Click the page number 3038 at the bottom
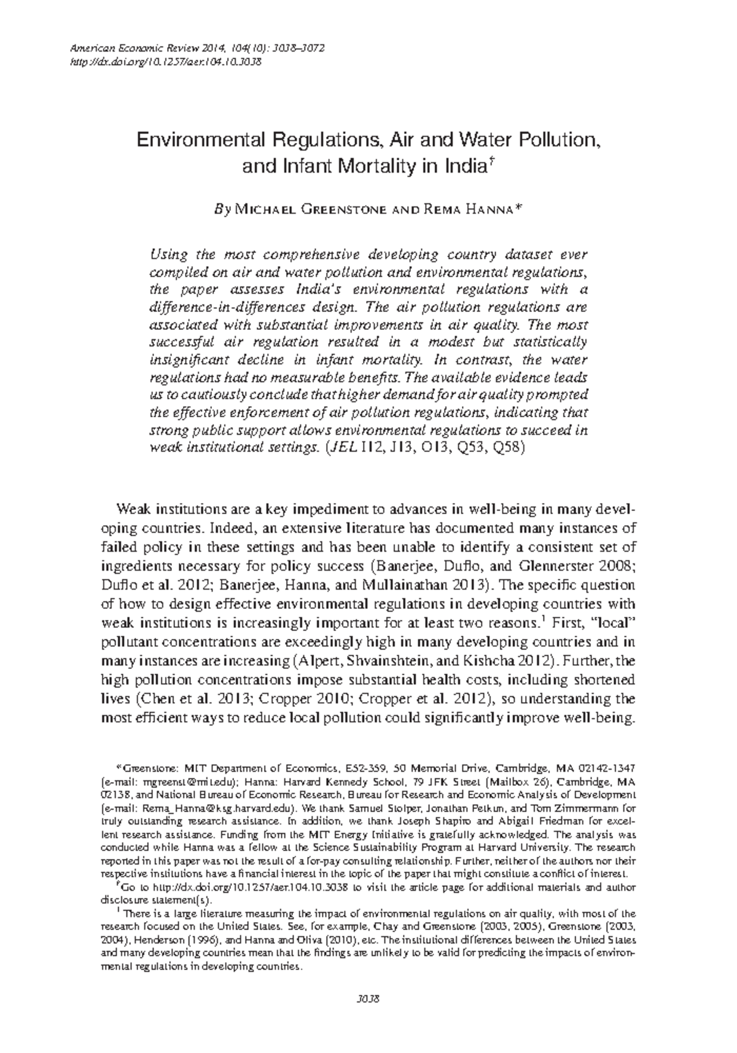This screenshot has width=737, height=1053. click(368, 998)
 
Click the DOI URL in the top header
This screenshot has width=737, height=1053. click(166, 61)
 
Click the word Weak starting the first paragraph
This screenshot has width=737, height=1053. click(133, 510)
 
